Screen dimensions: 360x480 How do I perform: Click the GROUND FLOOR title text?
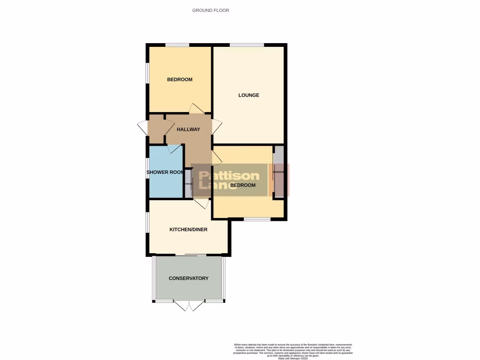pos(210,10)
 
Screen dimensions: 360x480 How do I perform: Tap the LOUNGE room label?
pos(248,95)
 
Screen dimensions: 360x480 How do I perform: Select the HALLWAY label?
pos(188,129)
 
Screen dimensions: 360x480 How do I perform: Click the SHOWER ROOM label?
pos(165,172)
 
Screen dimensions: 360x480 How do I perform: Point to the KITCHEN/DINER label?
pos(188,230)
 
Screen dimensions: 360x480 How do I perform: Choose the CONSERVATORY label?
pos(188,278)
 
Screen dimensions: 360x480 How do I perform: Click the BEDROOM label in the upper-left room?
pos(180,80)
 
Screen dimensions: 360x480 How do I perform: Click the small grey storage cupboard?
pos(188,183)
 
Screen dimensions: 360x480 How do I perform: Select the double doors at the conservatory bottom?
pos(189,305)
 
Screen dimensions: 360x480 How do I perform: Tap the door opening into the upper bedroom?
pos(197,109)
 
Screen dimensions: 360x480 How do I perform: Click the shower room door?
pos(174,149)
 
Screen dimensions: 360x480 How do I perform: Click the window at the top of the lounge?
pos(247,45)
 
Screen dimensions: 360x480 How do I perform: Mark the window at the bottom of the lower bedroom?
pos(257,219)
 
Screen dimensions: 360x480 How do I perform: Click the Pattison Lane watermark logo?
pos(229,180)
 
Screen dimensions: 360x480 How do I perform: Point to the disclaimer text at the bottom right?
pos(293,351)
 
